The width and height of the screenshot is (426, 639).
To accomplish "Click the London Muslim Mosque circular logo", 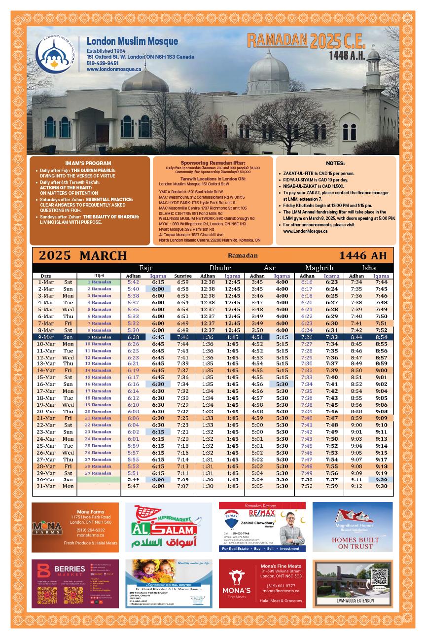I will click(x=55, y=52).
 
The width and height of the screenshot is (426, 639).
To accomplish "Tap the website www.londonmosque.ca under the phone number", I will click(x=114, y=70).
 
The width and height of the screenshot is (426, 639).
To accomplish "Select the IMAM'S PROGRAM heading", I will click(x=88, y=163).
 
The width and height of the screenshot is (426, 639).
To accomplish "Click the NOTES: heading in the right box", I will click(x=335, y=163).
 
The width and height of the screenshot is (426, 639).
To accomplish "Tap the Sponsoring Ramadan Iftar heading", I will click(x=213, y=162).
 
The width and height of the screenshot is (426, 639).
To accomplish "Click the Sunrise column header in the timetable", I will click(x=183, y=276).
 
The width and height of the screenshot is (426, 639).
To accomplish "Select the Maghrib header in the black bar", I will click(x=319, y=268).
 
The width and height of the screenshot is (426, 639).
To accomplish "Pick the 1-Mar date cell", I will click(x=46, y=282).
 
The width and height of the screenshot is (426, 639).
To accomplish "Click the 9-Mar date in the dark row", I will click(x=46, y=337).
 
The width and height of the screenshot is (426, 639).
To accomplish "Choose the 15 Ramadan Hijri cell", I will click(x=99, y=377).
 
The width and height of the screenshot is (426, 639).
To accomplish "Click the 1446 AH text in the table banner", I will click(x=366, y=256).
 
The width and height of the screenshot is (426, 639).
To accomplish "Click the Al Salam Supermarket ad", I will click(x=161, y=527).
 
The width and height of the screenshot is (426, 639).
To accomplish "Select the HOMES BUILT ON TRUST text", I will click(x=352, y=543).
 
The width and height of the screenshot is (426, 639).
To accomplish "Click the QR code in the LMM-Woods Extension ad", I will click(x=379, y=576).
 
